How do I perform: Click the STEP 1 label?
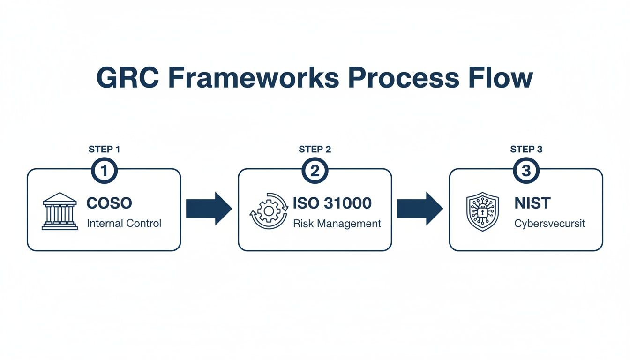(104, 150)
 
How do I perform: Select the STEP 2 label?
(315, 150)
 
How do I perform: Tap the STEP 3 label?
(526, 150)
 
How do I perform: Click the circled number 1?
(104, 171)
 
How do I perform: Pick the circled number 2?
(315, 171)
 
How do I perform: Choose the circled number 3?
(526, 171)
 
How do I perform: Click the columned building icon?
(60, 211)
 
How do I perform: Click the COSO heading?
(109, 203)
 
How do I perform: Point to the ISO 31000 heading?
(332, 203)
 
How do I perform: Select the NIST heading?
(532, 203)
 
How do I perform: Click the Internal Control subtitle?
(124, 223)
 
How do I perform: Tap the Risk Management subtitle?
(337, 224)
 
